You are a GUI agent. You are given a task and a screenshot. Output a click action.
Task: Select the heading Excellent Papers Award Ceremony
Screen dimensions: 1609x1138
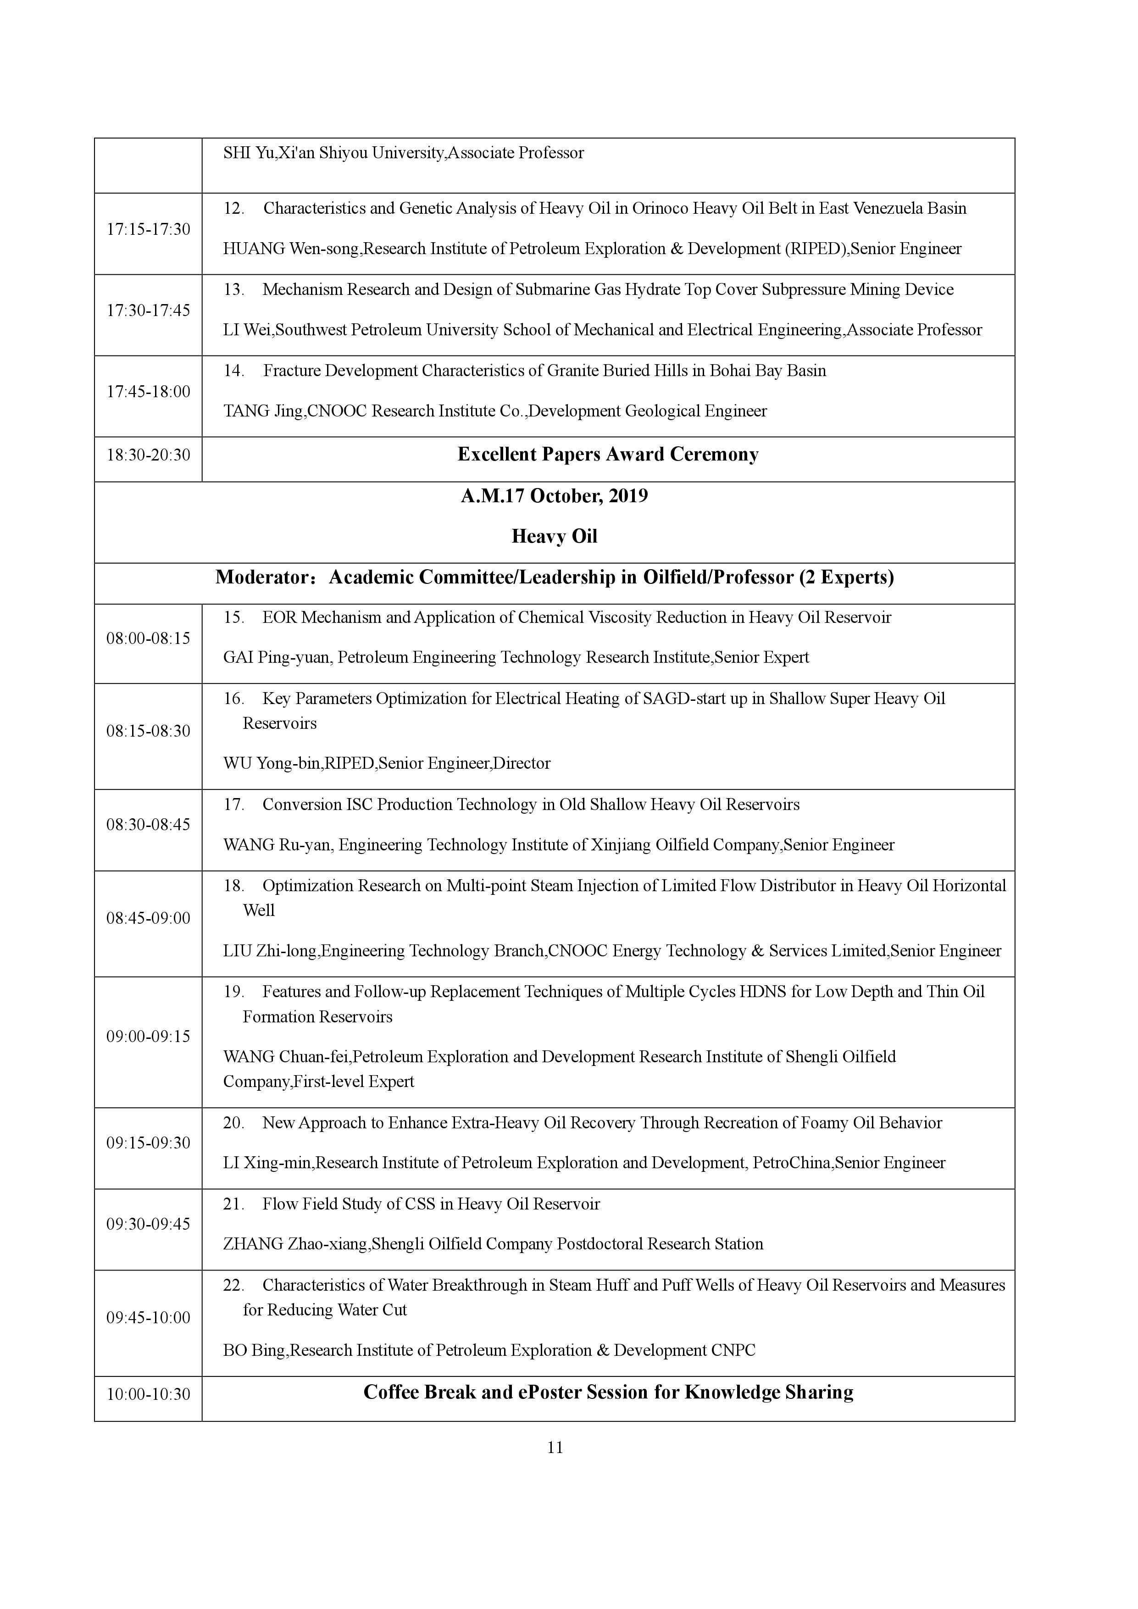(x=608, y=455)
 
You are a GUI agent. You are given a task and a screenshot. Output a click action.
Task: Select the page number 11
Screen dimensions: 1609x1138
(x=555, y=1447)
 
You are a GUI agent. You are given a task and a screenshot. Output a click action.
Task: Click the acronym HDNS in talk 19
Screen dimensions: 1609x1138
(x=762, y=992)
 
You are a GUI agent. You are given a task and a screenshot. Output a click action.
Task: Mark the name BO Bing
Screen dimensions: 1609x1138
(x=254, y=1350)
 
